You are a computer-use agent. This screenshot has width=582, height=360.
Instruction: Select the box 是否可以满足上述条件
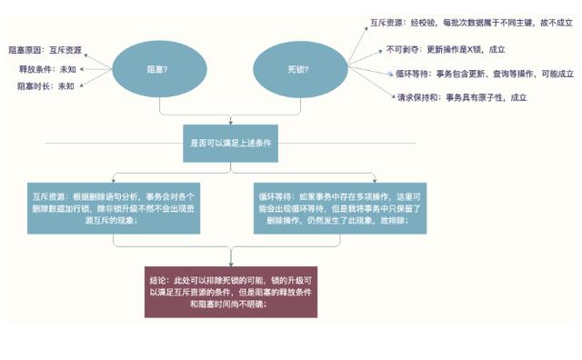pyautogui.click(x=230, y=143)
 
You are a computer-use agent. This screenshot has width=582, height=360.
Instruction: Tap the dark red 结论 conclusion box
pyautogui.click(x=230, y=292)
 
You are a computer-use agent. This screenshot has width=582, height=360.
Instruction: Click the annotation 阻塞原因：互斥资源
pyautogui.click(x=46, y=50)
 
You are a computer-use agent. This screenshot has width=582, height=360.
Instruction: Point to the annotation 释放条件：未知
pyautogui.click(x=48, y=68)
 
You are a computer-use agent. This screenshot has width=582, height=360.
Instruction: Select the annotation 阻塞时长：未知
pyautogui.click(x=46, y=86)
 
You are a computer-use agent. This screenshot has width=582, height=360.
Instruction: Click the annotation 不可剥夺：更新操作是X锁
pyautogui.click(x=445, y=49)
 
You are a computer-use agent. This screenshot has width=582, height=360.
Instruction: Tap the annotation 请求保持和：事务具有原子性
pyautogui.click(x=461, y=97)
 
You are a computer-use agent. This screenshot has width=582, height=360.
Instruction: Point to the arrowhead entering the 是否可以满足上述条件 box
pyautogui.click(x=230, y=123)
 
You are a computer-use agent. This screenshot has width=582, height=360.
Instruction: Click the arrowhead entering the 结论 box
pyautogui.click(x=230, y=263)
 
